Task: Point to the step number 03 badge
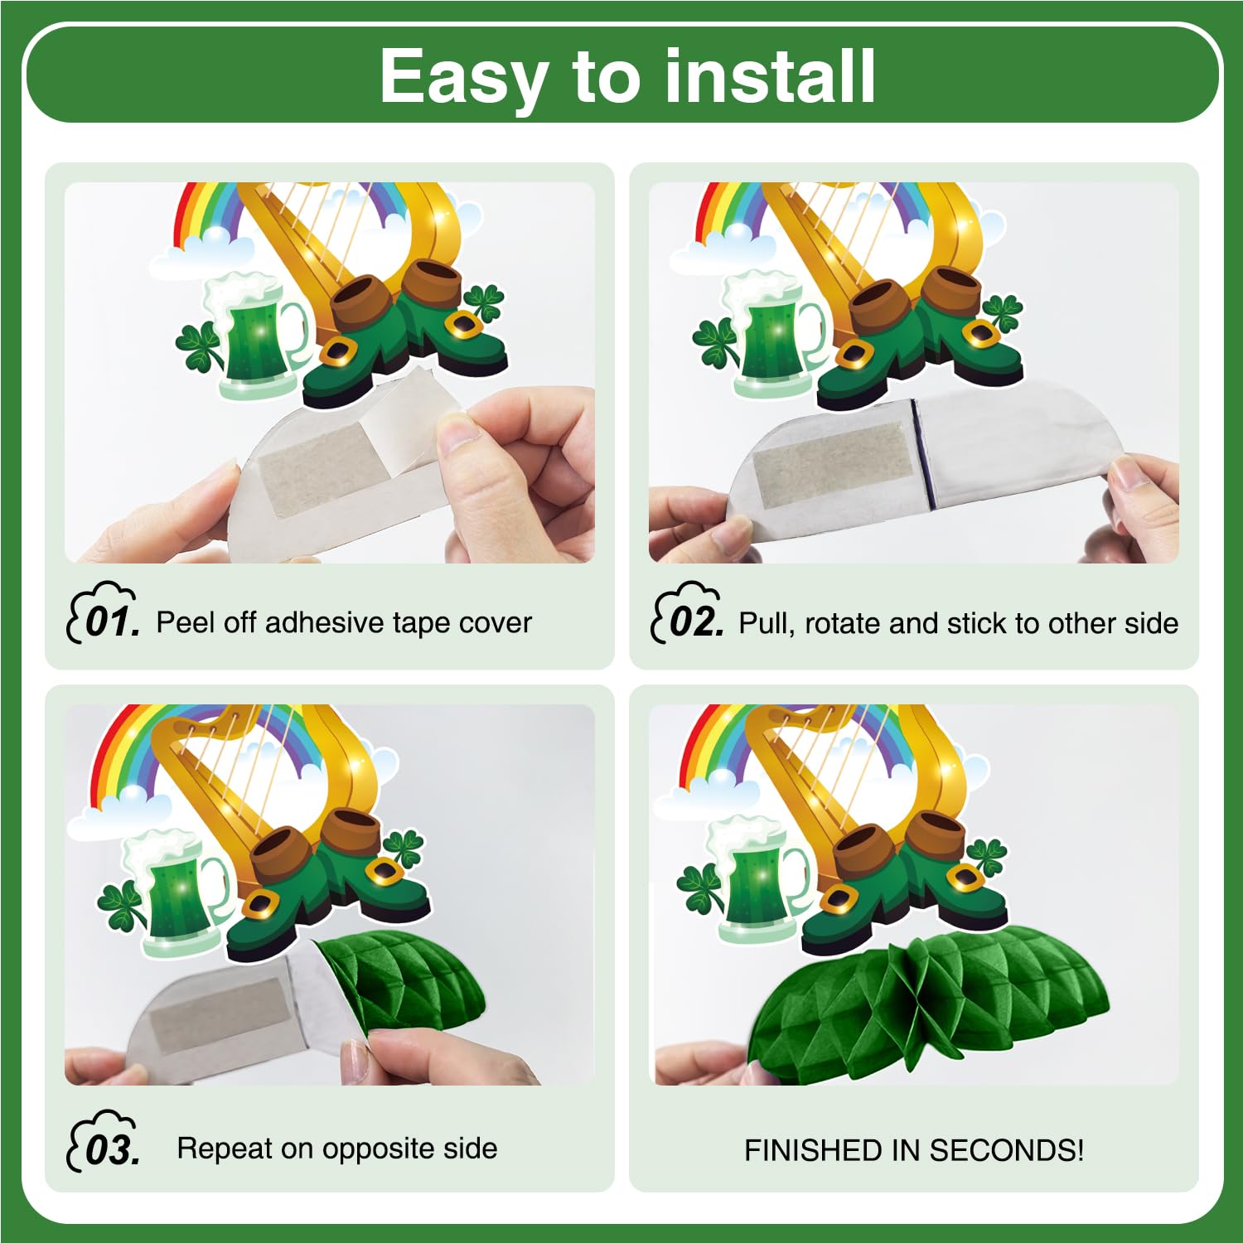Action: click(x=103, y=1141)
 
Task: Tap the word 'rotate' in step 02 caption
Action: click(x=840, y=623)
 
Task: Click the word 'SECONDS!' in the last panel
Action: click(x=1006, y=1150)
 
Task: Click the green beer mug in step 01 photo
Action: click(x=253, y=336)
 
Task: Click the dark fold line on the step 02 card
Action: click(x=922, y=454)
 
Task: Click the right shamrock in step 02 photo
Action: click(x=1001, y=313)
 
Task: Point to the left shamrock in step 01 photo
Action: click(x=199, y=346)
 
